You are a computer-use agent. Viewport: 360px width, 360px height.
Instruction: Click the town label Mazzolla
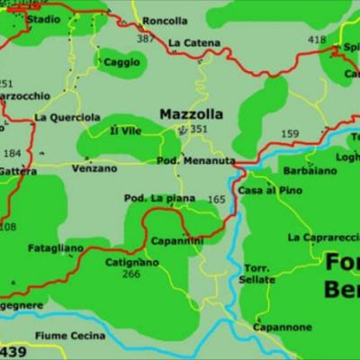coord(190,114)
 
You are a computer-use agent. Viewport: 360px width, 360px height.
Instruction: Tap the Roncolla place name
coord(166,21)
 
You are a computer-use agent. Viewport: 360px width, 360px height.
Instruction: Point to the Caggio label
coord(121,62)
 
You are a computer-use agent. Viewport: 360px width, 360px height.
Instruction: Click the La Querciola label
coord(67,117)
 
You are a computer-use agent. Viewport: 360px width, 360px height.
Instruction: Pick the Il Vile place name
coord(126,131)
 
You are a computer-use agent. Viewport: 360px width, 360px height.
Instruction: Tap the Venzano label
coord(94,168)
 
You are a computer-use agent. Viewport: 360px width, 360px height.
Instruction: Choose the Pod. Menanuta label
coord(196,161)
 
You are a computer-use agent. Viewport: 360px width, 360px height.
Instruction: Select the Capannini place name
coord(176,240)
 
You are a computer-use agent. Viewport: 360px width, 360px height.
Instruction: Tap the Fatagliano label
coord(56,247)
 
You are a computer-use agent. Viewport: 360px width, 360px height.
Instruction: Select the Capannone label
coord(283,328)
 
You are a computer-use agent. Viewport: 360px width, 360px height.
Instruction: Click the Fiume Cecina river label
coord(70,336)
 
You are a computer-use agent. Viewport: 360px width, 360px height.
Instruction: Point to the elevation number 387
coord(145,39)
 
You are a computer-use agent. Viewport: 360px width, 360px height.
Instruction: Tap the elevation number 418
coord(317,40)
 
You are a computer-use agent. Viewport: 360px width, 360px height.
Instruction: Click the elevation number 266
coord(131,274)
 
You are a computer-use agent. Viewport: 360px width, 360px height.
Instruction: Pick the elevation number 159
coord(290,134)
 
